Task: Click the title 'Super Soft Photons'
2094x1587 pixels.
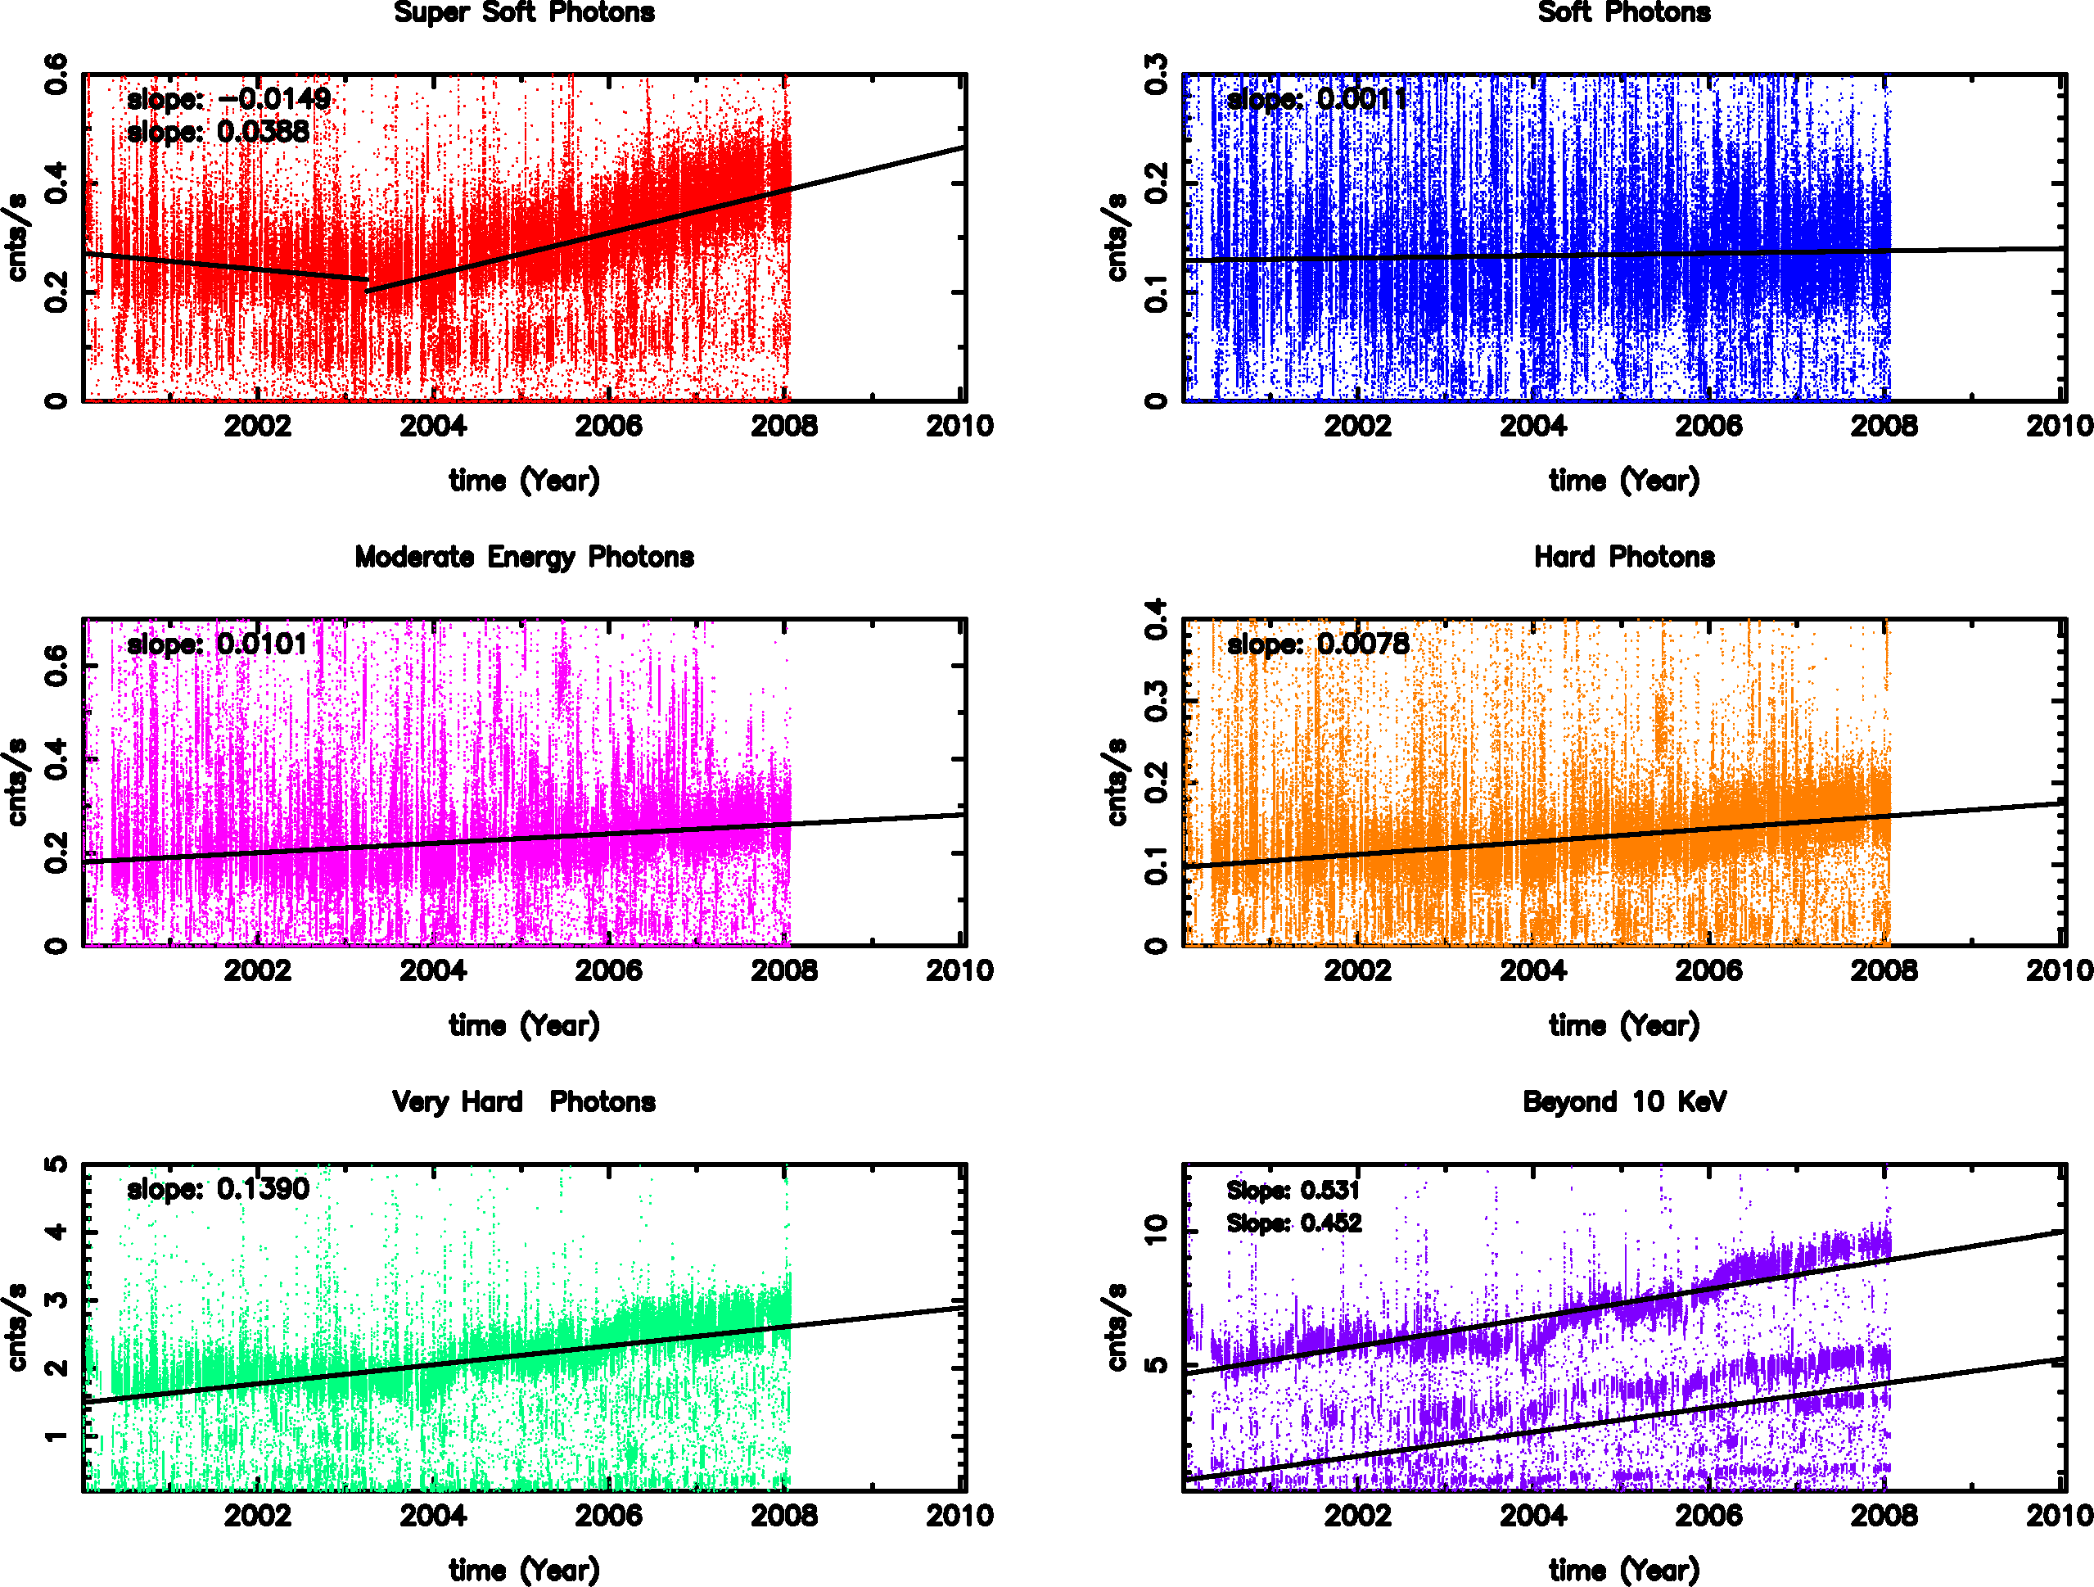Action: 524,12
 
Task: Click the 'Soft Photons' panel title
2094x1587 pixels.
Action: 1623,12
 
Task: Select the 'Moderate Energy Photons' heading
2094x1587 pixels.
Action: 524,557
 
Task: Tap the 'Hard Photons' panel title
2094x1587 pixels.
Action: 1623,557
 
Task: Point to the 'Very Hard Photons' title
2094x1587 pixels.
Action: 524,1101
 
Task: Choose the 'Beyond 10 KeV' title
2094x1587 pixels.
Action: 1623,1101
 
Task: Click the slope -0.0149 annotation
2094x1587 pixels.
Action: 228,98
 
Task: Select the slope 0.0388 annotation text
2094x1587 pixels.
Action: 218,132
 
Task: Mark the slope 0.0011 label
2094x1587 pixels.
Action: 1317,98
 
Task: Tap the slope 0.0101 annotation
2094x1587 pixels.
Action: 218,644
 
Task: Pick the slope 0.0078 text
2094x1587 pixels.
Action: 1318,644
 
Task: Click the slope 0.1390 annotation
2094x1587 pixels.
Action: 218,1188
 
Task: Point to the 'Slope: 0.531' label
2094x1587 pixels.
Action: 1293,1191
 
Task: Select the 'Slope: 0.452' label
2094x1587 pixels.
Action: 1294,1223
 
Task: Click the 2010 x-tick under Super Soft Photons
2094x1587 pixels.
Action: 960,426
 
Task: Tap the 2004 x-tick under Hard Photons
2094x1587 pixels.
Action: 1532,970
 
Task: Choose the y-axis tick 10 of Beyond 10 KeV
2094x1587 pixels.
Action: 1156,1230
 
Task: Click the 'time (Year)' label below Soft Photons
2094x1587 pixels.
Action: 1623,481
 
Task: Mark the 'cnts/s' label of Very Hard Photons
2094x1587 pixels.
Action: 17,1327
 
